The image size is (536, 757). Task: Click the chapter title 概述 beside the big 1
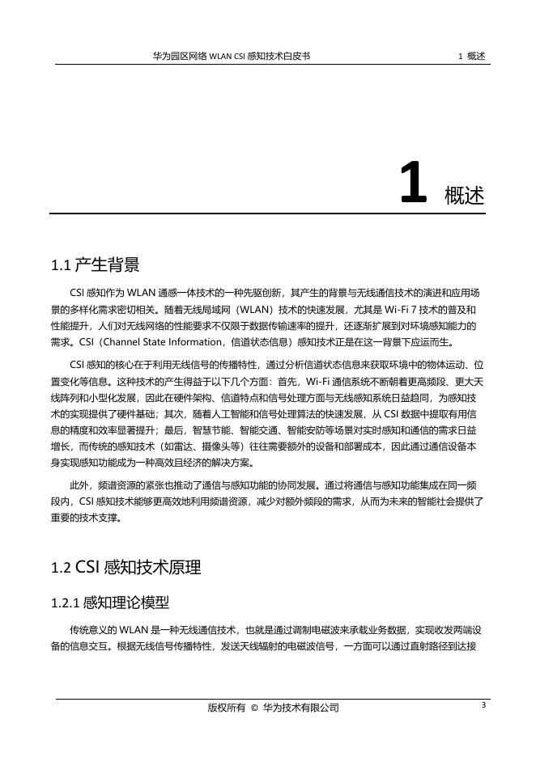(x=464, y=195)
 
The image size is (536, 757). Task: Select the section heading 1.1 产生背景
(x=95, y=264)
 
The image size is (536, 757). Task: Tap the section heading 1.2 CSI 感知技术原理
(x=125, y=567)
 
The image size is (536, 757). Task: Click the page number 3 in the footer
(x=483, y=705)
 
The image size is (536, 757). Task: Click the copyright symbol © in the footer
(x=254, y=708)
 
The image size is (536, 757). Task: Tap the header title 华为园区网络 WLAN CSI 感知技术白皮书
(x=232, y=57)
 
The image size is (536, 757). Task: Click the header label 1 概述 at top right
(x=471, y=57)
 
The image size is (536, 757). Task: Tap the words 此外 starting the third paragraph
(x=79, y=486)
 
